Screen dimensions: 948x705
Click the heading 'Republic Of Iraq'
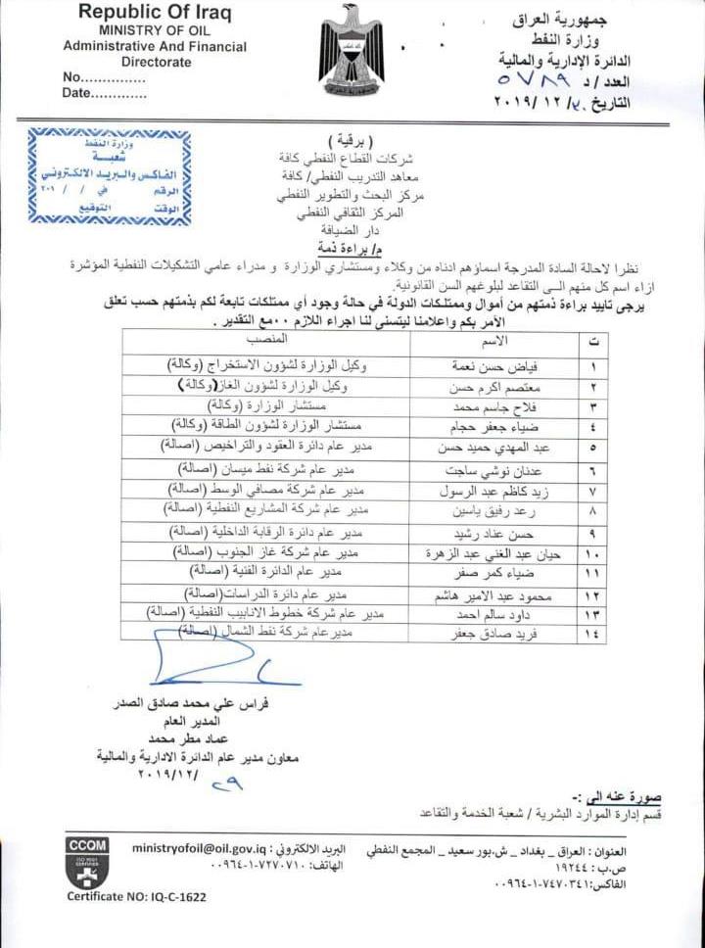[x=155, y=13]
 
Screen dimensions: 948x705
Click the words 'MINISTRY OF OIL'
[x=155, y=30]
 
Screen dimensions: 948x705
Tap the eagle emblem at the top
[x=352, y=49]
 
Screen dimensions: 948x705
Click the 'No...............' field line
[x=104, y=77]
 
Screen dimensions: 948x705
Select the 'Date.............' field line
[x=105, y=93]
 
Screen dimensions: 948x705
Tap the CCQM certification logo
[x=87, y=859]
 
